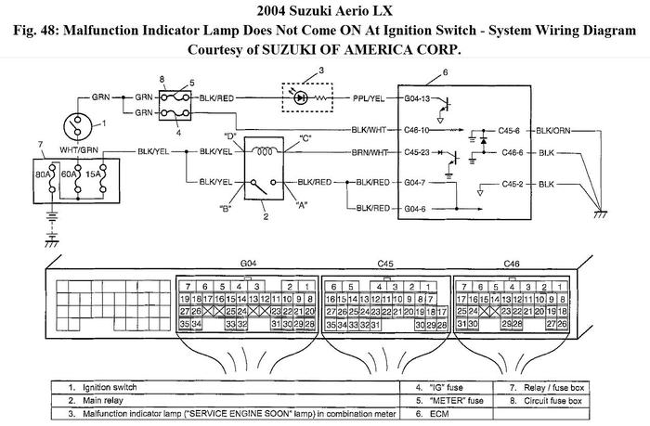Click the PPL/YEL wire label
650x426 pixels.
click(x=369, y=97)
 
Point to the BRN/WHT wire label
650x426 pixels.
click(x=368, y=154)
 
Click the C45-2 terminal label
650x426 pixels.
click(x=511, y=184)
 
